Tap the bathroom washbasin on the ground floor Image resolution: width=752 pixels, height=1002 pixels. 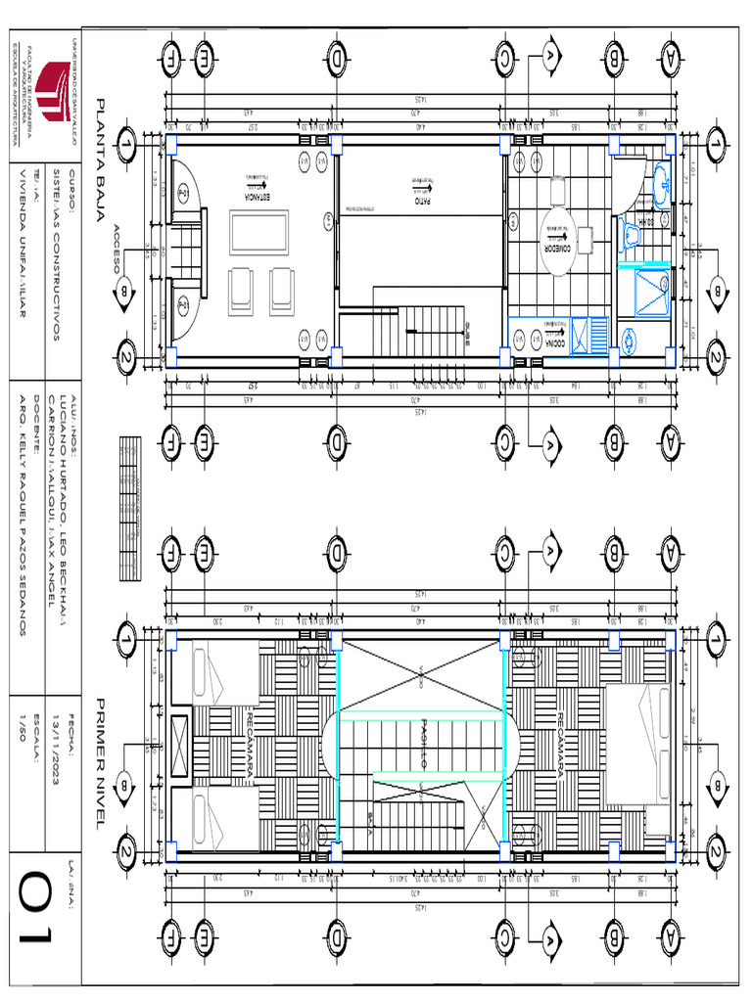[x=660, y=186]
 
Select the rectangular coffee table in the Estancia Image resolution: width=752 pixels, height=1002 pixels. [x=259, y=236]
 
